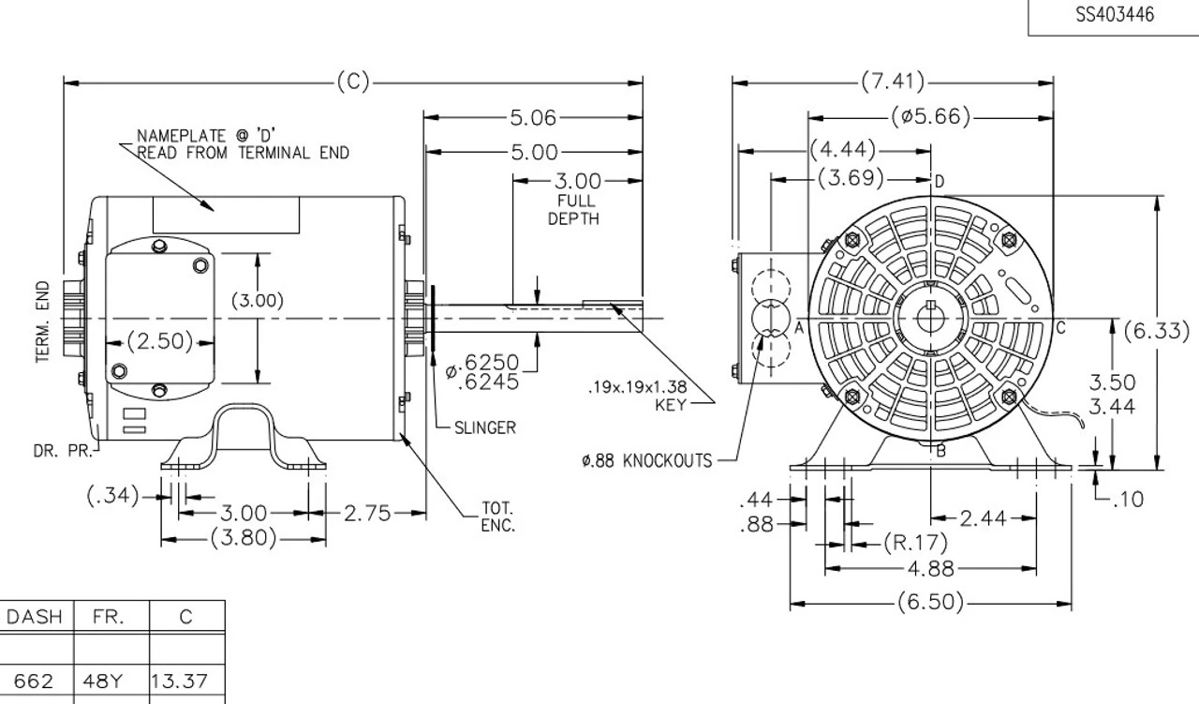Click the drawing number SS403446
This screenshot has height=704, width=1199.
[1114, 15]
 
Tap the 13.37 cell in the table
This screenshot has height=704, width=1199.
[186, 681]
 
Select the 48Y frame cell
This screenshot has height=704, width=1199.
[111, 681]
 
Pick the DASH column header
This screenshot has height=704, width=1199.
[35, 617]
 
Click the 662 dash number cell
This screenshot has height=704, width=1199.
[35, 681]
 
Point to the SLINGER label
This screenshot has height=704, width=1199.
[484, 427]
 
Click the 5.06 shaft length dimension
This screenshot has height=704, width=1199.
[532, 118]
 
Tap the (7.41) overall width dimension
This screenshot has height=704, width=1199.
[893, 82]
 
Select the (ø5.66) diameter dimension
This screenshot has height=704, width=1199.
[930, 117]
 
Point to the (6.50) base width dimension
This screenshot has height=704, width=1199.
[930, 602]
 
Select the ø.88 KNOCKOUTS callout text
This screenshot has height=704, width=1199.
[645, 461]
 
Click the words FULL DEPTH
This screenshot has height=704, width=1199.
[573, 210]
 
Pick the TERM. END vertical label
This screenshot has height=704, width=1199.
[43, 322]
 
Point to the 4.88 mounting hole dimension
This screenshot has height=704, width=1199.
[930, 568]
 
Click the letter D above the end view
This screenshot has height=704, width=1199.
[940, 180]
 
